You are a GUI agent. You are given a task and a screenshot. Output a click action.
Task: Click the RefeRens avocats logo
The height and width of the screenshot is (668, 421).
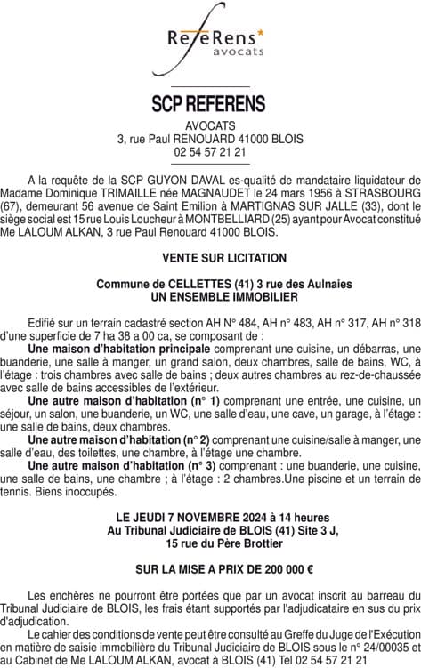coord(210,43)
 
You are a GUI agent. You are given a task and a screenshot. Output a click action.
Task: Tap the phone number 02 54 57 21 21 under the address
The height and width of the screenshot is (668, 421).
coord(210,152)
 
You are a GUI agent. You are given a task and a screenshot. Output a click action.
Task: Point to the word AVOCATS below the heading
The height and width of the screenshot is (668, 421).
coord(210,125)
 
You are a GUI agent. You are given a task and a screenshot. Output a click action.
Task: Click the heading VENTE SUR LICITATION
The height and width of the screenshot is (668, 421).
coord(211,258)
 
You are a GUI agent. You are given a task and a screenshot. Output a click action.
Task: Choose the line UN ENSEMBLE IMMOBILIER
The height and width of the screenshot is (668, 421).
coord(211,295)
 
